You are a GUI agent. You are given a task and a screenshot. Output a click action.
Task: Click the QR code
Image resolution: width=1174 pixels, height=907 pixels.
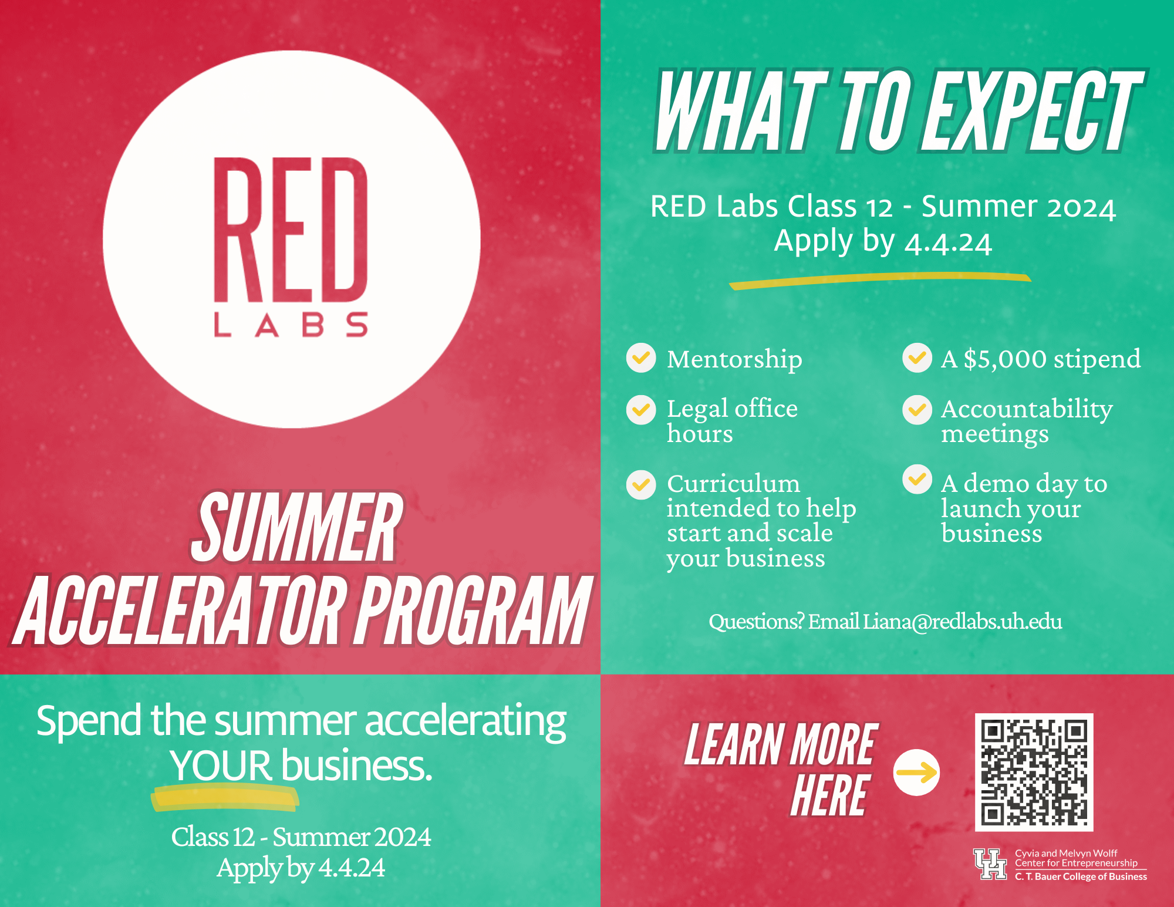pos(1034,772)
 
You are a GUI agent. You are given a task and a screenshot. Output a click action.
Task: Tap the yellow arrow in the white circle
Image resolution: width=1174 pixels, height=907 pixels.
pos(916,773)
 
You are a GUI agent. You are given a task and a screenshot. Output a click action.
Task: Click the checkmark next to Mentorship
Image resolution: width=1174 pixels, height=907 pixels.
pos(641,358)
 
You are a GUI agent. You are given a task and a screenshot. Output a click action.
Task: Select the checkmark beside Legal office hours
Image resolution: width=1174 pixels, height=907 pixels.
pos(641,410)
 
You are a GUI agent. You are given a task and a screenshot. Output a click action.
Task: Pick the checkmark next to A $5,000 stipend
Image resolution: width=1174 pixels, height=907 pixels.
pos(917,358)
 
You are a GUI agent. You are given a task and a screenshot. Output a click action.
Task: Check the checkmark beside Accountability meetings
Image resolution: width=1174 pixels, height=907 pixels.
pos(917,410)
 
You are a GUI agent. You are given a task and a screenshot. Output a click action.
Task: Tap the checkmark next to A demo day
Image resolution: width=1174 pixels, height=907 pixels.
pos(917,480)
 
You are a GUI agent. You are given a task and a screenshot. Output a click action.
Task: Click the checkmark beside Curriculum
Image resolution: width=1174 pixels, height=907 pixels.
pos(641,485)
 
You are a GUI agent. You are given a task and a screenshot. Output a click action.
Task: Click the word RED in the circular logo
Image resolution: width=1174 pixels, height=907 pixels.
pos(291,230)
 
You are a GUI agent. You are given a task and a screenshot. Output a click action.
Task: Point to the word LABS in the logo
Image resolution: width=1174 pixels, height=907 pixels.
pos(291,325)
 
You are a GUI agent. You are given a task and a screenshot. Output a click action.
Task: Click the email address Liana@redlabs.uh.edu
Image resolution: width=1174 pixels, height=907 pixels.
pos(962,621)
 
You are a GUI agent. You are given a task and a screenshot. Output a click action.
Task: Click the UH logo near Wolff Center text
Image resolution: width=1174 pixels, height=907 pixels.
pos(990,864)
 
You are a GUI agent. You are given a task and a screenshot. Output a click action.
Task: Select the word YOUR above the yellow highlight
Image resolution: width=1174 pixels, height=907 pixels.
pos(221,766)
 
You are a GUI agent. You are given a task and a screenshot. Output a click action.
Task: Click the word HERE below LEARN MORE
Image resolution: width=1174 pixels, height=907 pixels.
pos(829,796)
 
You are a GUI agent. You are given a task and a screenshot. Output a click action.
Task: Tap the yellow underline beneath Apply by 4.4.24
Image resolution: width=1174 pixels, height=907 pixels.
pos(879,281)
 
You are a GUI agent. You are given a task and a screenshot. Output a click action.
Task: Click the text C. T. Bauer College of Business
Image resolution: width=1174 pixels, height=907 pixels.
pos(1081,876)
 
